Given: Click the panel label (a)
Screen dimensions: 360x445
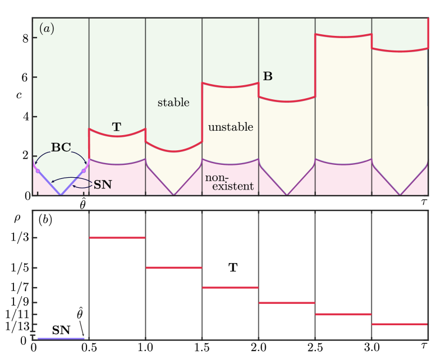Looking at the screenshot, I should coord(47,29).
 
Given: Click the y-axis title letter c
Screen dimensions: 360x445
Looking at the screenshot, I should coord(19,95).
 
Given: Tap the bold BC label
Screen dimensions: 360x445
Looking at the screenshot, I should coord(61,147).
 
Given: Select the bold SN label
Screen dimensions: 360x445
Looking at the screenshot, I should coord(103,184).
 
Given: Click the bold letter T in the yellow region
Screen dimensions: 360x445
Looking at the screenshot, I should coord(116,127).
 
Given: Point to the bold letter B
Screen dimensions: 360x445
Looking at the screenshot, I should coord(268,76).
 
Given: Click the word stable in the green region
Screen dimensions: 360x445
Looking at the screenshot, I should coord(173,103).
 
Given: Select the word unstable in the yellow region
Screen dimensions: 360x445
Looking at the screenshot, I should coord(231,127).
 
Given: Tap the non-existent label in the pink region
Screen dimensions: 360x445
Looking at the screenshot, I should coord(230,182).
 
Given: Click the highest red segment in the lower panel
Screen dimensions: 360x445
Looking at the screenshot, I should coord(117,238).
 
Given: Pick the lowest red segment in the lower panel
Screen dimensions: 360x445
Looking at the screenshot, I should coord(400,324).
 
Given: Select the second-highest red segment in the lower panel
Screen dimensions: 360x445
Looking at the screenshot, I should coord(173,267).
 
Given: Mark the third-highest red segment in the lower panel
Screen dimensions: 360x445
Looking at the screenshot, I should coord(230,288).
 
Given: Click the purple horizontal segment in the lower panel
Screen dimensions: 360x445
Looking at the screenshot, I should coord(61,339).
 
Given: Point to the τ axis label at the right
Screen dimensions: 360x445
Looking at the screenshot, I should coord(425,201).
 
